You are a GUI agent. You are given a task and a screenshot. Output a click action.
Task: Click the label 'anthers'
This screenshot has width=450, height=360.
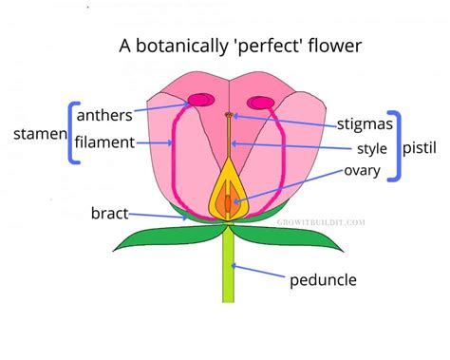(103, 116)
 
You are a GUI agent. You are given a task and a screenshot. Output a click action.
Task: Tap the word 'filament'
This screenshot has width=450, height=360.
(104, 142)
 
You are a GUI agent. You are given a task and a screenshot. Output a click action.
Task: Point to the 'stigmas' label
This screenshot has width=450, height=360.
(365, 123)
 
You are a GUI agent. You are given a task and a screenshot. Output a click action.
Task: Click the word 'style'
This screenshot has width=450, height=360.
(371, 148)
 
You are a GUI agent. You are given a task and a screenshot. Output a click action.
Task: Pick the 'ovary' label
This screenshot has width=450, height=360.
(363, 171)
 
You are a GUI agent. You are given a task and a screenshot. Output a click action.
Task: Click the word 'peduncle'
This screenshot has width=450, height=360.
(323, 280)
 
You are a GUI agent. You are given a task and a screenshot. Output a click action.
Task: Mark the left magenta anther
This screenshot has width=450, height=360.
(200, 99)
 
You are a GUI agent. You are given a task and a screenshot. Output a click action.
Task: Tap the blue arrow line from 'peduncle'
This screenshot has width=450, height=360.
(260, 273)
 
